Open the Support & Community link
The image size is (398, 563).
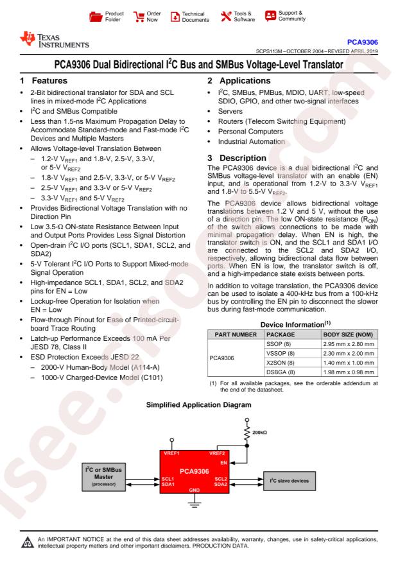coord(270,15)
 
